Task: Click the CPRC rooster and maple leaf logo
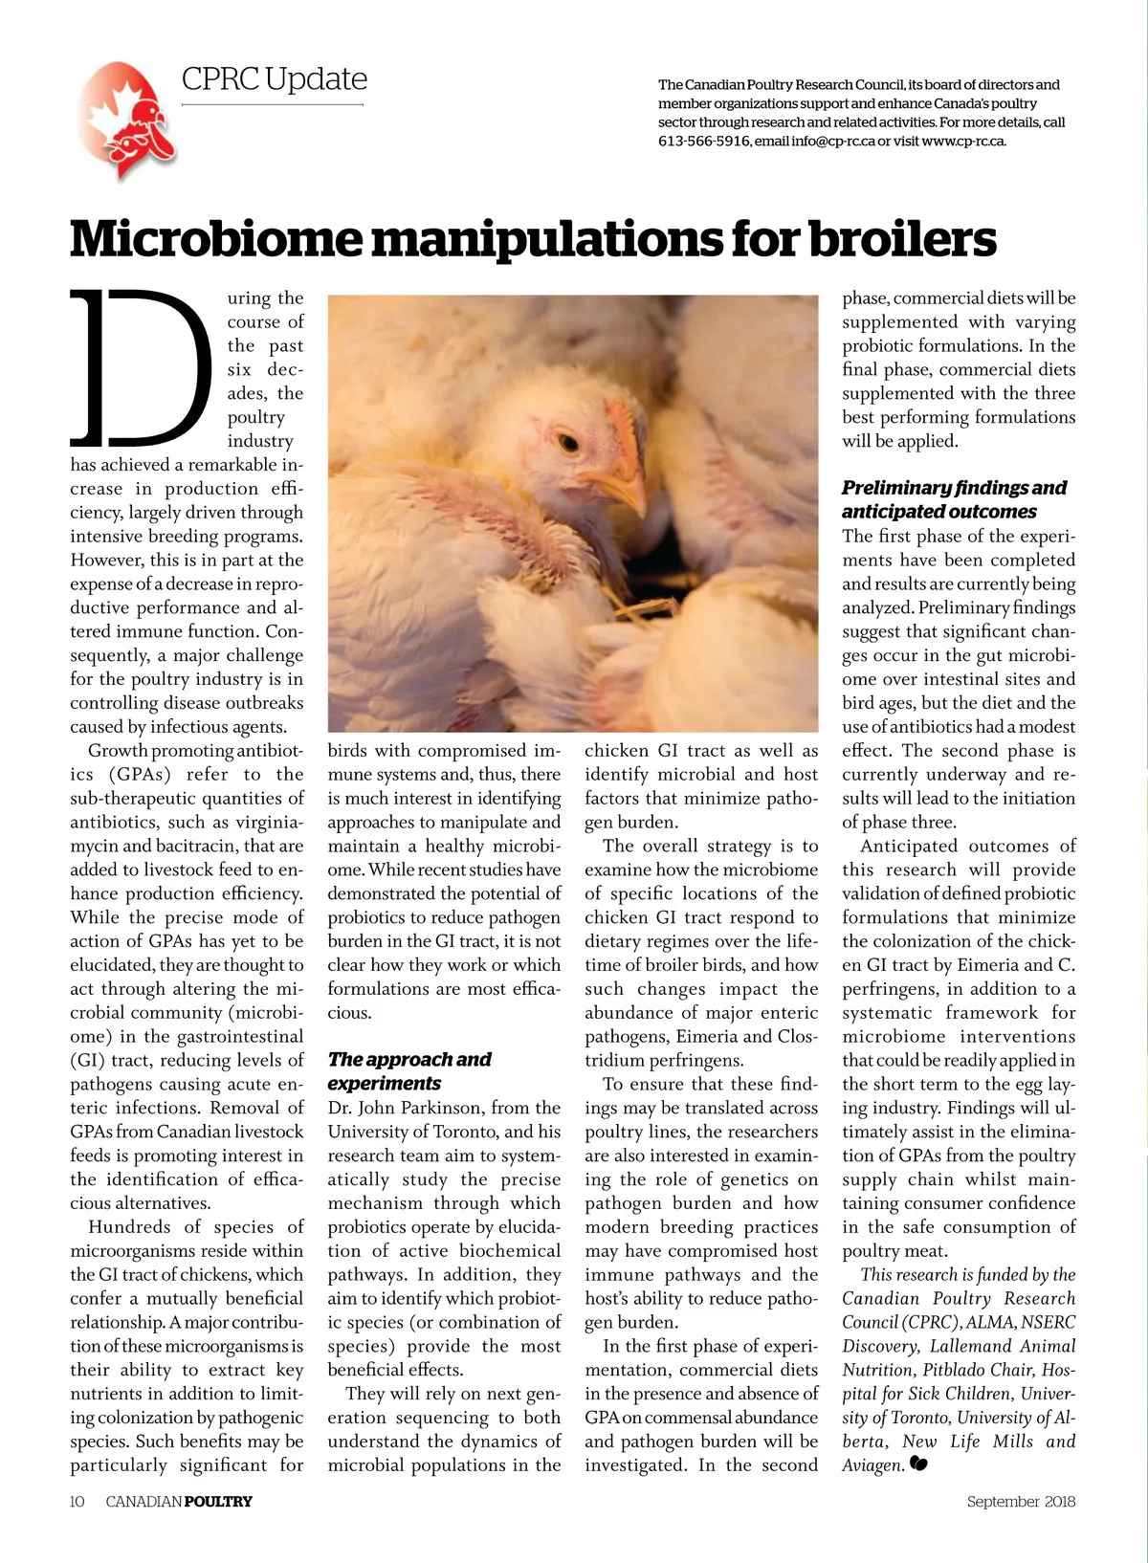pyautogui.click(x=127, y=121)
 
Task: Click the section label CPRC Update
pyautogui.click(x=274, y=79)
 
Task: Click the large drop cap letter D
pyautogui.click(x=142, y=368)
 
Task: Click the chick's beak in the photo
pyautogui.click(x=616, y=487)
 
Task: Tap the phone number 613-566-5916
pyautogui.click(x=703, y=142)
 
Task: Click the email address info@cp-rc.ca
pyautogui.click(x=833, y=142)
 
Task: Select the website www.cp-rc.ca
pyautogui.click(x=963, y=142)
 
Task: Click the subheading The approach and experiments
pyautogui.click(x=408, y=1071)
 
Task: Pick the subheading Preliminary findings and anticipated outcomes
pyautogui.click(x=954, y=499)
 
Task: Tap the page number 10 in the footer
pyautogui.click(x=77, y=1502)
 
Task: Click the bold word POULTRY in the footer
pyautogui.click(x=218, y=1502)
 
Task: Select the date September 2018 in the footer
pyautogui.click(x=1021, y=1502)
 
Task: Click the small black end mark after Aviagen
pyautogui.click(x=919, y=1464)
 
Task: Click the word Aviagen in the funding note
pyautogui.click(x=872, y=1465)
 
